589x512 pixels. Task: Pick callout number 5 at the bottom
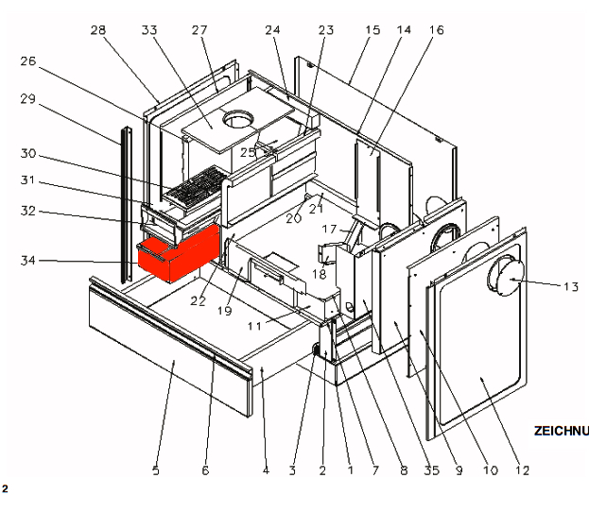156,469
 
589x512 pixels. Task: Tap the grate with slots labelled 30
193,189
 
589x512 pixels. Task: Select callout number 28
98,30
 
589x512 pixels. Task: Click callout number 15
372,30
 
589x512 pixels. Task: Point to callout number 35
432,469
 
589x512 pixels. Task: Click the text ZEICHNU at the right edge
561,431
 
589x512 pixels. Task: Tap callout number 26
27,62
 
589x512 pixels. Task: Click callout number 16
436,30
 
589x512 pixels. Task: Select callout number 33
148,30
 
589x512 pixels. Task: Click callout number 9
459,469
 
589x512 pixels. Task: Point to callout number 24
273,30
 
